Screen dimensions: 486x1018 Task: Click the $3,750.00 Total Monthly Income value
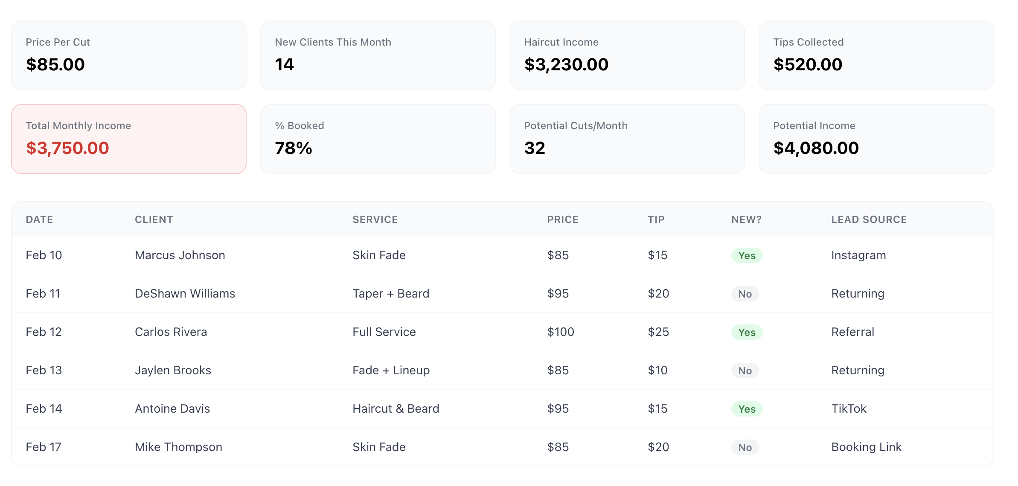pyautogui.click(x=67, y=148)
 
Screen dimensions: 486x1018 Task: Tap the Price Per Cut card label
pyautogui.click(x=58, y=42)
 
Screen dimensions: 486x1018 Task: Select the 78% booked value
pyautogui.click(x=294, y=148)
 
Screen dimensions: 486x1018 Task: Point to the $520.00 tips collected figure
pyautogui.click(x=808, y=65)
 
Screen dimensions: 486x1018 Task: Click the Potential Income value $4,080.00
pyautogui.click(x=816, y=148)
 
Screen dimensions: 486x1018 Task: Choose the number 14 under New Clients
pyautogui.click(x=284, y=65)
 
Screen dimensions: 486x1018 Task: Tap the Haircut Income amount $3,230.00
pyautogui.click(x=566, y=65)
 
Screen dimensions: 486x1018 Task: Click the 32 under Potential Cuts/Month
pyautogui.click(x=535, y=148)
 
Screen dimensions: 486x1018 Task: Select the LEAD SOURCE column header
pyautogui.click(x=869, y=220)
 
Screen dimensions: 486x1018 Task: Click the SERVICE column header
pyautogui.click(x=375, y=220)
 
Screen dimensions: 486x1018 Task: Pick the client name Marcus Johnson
pyautogui.click(x=180, y=255)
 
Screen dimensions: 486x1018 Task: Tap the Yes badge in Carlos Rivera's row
pyautogui.click(x=747, y=333)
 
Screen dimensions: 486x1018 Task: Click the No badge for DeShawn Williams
pyautogui.click(x=745, y=294)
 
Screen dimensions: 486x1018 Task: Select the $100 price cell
pyautogui.click(x=561, y=332)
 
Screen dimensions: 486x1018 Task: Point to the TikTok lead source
pyautogui.click(x=849, y=409)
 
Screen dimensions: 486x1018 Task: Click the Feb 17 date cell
pyautogui.click(x=44, y=447)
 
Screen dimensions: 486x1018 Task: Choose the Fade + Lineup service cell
pyautogui.click(x=391, y=370)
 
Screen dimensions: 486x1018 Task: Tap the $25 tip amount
pyautogui.click(x=658, y=332)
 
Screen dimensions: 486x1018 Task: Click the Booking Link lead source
pyautogui.click(x=866, y=447)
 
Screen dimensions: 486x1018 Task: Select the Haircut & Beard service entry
pyautogui.click(x=396, y=409)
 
